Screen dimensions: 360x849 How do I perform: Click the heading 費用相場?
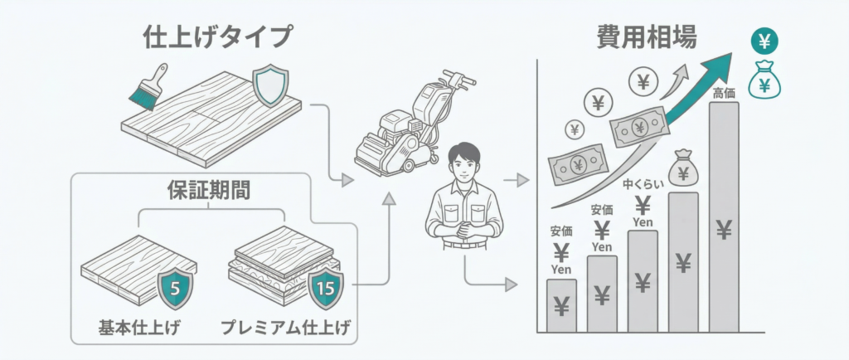point(647,37)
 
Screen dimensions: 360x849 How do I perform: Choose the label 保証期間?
point(210,190)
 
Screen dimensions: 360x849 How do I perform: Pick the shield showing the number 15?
point(325,287)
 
